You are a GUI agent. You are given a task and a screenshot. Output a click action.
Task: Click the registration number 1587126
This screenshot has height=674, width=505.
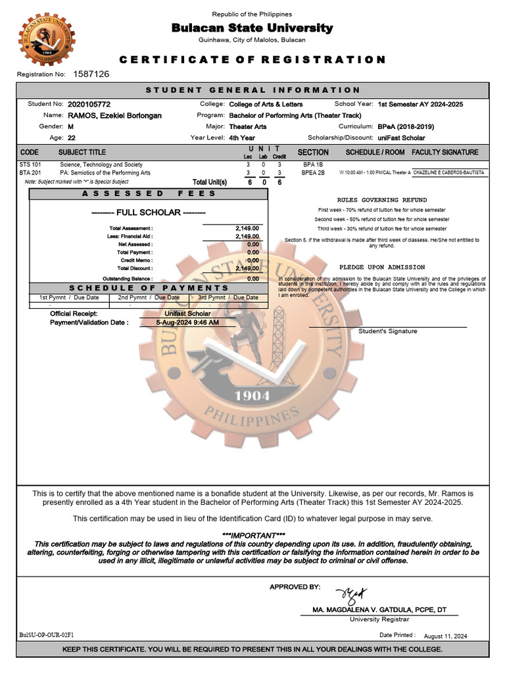click(91, 74)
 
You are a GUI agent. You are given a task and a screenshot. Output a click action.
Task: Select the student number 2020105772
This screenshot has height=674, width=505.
click(89, 105)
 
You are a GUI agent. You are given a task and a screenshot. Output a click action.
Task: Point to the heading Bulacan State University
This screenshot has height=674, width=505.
click(252, 28)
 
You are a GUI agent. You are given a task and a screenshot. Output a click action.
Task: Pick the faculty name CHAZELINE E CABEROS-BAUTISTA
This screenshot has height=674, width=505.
click(448, 172)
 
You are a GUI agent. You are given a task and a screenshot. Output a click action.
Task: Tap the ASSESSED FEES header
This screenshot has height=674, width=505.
click(149, 194)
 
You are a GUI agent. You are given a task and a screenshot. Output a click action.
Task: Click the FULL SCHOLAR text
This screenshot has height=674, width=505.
click(149, 213)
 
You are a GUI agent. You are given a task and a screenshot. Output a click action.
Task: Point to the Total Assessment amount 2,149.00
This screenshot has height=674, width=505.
click(247, 228)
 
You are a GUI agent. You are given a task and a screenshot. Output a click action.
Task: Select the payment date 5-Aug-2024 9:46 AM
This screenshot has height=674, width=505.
click(187, 323)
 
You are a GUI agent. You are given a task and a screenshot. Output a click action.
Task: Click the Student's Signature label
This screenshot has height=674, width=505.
click(387, 331)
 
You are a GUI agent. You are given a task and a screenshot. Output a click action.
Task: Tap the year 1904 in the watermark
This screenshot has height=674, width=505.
click(252, 396)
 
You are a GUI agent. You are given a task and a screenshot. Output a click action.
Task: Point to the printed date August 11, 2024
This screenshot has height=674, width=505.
click(445, 636)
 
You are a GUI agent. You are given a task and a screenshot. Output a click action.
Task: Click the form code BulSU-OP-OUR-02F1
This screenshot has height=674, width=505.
click(47, 635)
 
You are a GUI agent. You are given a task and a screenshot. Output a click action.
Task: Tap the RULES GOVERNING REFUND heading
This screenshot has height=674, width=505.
click(381, 199)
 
